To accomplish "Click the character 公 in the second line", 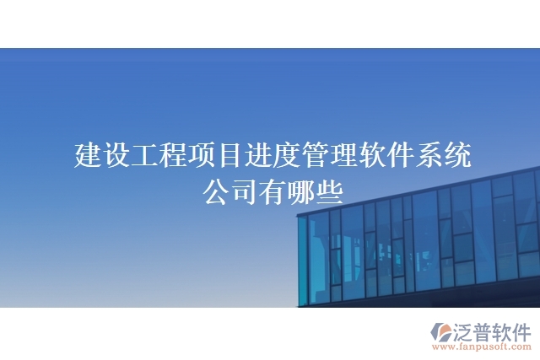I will pyautogui.click(x=215, y=191).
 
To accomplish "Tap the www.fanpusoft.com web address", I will pyautogui.click(x=478, y=347).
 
